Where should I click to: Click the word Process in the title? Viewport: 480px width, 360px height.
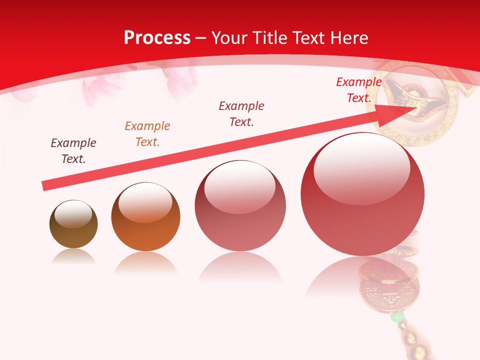pos(157,38)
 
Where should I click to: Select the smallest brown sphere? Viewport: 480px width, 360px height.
pos(73,224)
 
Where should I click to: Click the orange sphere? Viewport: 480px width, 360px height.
pos(145,217)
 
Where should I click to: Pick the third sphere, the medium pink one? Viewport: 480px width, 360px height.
pos(240,205)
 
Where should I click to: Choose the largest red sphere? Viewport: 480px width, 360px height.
pos(362,194)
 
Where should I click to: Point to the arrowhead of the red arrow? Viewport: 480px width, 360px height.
pos(399,110)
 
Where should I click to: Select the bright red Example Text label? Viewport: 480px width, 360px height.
pos(358,90)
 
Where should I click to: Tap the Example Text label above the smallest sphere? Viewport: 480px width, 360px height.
pos(73,151)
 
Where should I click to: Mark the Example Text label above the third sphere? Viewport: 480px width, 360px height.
pos(241,113)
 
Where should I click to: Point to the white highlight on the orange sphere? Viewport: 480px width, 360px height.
pos(145,202)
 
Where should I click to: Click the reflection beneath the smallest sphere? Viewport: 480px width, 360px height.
pos(73,257)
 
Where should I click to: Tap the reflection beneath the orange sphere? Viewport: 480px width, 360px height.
pos(145,262)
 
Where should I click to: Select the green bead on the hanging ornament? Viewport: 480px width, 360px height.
pos(396,317)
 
